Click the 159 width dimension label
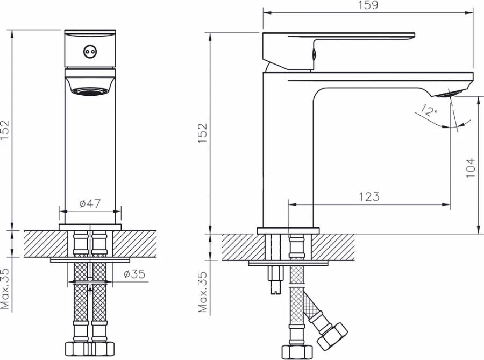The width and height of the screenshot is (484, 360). [368, 5]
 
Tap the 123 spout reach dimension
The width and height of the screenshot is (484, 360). [369, 196]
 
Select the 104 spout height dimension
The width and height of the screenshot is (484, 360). [471, 168]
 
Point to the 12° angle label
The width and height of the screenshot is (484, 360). [429, 110]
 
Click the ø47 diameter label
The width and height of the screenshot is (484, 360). [90, 203]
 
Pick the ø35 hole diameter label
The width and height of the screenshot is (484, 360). [134, 274]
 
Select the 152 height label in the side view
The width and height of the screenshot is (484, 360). [203, 133]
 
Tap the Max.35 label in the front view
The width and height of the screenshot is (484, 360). [5, 288]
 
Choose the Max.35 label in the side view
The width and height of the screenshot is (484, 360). [203, 292]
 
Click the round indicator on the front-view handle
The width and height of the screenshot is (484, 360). [89, 52]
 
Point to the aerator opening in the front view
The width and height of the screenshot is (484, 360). [90, 91]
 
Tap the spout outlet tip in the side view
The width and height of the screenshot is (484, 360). [451, 94]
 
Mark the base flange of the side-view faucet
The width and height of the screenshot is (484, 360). [288, 230]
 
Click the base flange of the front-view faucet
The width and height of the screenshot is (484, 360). [90, 227]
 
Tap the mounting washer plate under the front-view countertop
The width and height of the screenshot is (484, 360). [90, 260]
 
